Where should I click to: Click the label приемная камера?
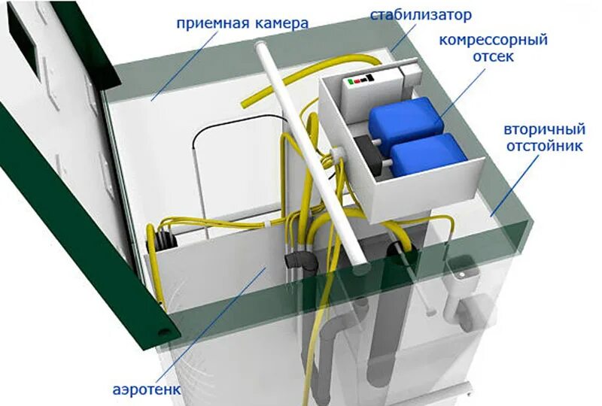pyautogui.click(x=242, y=23)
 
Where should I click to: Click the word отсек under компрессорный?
pyautogui.click(x=494, y=56)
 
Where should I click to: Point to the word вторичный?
pyautogui.click(x=541, y=129)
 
